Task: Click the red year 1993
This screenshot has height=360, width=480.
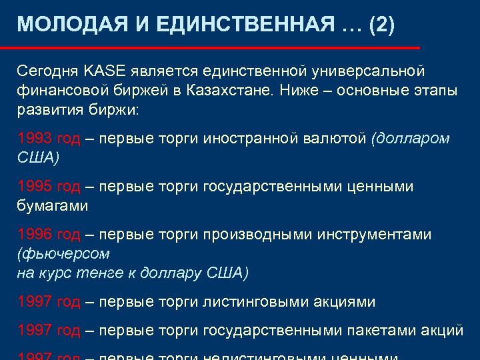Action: click(x=35, y=138)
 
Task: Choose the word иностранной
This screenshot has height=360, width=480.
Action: click(x=249, y=138)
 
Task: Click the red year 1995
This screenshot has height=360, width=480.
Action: click(x=35, y=187)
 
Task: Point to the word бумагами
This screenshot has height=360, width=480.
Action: click(x=52, y=206)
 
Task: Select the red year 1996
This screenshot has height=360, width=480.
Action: click(x=35, y=235)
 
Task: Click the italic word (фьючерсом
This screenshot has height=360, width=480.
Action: click(x=63, y=254)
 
